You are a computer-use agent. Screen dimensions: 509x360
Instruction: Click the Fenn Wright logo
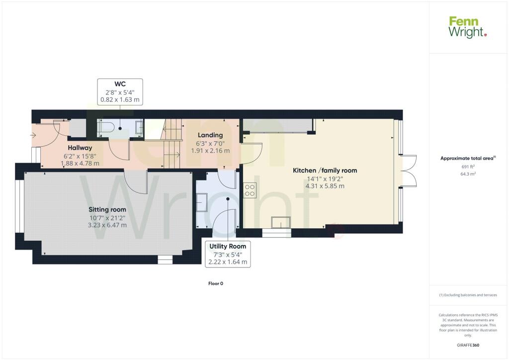[x=467, y=27]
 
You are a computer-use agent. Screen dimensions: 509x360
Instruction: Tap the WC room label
[x=120, y=84]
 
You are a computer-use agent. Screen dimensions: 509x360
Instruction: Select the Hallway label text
[x=80, y=148]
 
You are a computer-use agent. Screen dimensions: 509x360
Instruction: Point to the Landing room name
[x=210, y=135]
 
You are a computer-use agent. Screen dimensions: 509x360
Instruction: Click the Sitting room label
[x=107, y=210]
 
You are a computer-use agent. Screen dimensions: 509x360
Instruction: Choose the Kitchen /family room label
[x=325, y=171]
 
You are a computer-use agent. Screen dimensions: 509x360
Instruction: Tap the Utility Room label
[x=228, y=246]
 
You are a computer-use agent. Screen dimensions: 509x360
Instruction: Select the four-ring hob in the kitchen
[x=250, y=190]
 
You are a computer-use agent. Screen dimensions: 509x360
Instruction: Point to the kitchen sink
[x=281, y=223]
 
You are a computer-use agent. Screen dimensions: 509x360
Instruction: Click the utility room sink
[x=202, y=202]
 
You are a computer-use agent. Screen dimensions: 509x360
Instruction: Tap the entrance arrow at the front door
[x=33, y=135]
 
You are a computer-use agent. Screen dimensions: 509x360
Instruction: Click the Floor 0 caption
[x=216, y=283]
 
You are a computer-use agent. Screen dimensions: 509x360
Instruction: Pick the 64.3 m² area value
[x=468, y=174]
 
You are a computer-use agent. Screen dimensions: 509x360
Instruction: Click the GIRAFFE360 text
[x=468, y=345]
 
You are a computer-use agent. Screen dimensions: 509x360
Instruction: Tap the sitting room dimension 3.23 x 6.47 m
[x=107, y=225]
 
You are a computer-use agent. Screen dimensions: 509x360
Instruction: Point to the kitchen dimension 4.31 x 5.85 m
[x=325, y=186]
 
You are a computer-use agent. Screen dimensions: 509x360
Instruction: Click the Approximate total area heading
[x=468, y=159]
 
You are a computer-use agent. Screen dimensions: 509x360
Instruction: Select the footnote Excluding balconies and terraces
[x=468, y=295]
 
